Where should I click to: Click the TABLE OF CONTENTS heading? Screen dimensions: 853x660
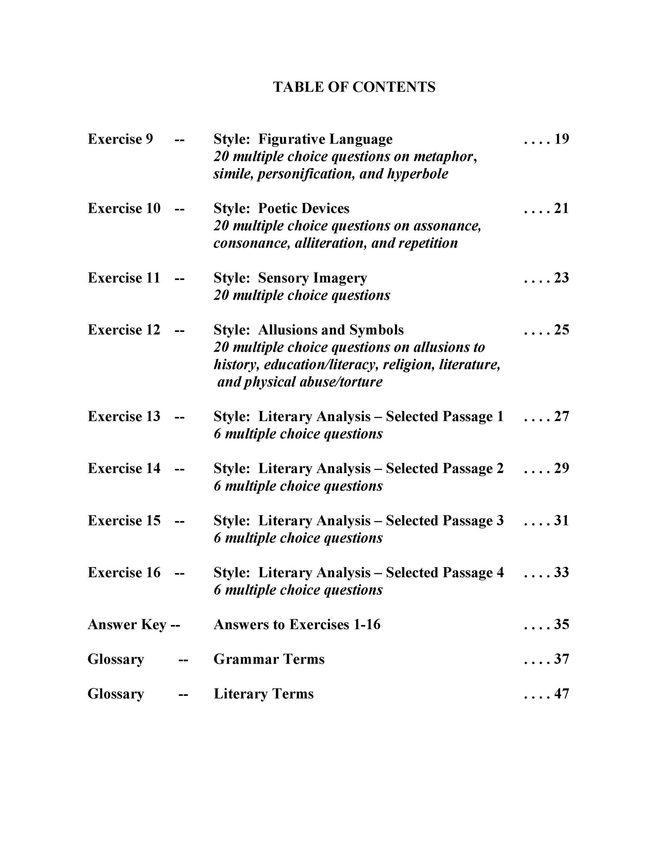354,87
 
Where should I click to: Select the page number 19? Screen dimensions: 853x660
561,139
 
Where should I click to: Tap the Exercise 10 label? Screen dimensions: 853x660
124,208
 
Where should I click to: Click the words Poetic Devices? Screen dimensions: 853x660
304,208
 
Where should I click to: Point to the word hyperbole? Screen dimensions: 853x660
418,174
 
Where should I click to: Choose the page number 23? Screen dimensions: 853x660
561,278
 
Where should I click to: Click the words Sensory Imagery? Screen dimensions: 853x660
312,278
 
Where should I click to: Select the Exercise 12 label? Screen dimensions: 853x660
124,330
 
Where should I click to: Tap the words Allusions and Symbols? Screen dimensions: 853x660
331,330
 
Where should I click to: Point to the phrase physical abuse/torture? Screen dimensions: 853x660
313,381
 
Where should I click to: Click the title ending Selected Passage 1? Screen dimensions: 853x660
358,416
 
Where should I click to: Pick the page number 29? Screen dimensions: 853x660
561,468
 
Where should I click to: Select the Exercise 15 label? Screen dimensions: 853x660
124,520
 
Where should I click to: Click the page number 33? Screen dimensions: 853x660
561,572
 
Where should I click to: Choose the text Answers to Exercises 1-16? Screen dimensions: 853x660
297,624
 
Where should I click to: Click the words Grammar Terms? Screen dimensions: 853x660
269,659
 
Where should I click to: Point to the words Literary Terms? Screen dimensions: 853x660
264,694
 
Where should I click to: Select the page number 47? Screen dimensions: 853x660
561,694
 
